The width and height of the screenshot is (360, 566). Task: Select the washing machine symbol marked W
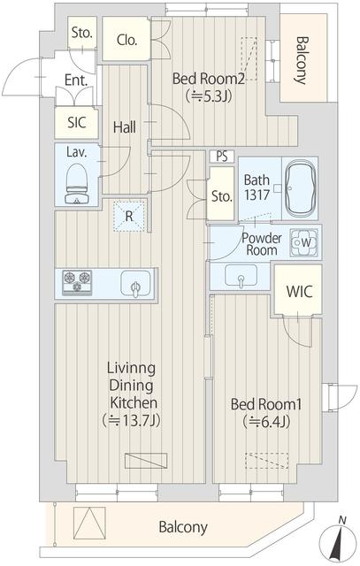click(x=306, y=241)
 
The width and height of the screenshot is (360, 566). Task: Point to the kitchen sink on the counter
click(x=135, y=286)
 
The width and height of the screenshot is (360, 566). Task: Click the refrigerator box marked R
click(x=130, y=214)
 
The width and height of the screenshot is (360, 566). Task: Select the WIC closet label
click(x=297, y=292)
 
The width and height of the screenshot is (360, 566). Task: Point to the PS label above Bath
click(x=222, y=157)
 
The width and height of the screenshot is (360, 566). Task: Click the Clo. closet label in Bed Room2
click(x=126, y=39)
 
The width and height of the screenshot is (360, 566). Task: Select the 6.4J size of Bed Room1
click(x=266, y=421)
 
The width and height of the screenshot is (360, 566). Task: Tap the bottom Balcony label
click(x=183, y=528)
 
